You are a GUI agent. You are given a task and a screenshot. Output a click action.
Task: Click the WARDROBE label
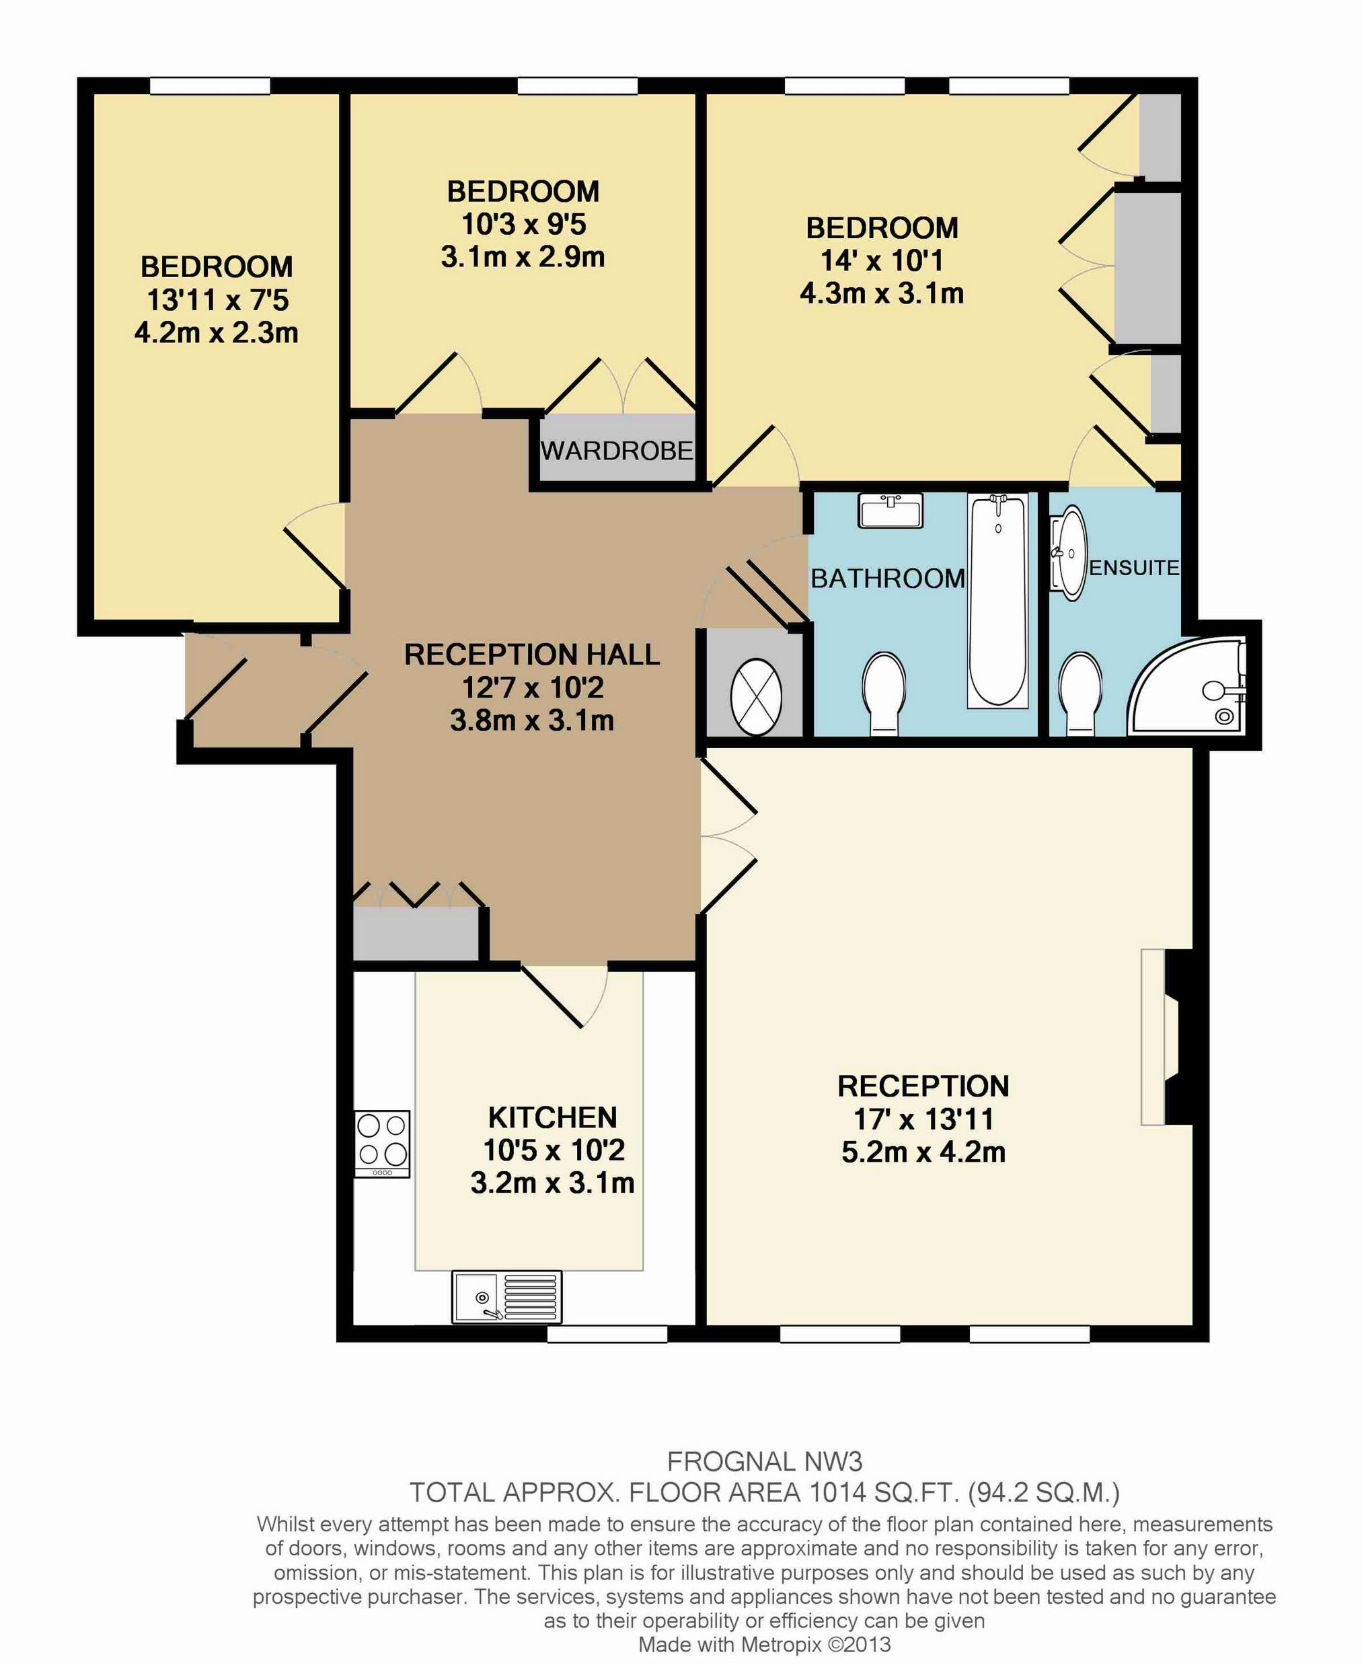click(617, 450)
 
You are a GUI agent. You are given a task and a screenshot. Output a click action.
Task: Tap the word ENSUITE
click(1135, 567)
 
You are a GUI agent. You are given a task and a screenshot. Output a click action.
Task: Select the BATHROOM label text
click(887, 579)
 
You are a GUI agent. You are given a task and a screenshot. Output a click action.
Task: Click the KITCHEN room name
click(552, 1117)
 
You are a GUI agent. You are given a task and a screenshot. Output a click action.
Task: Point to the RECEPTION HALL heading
click(532, 655)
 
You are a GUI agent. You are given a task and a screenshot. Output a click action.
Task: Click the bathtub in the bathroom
click(998, 601)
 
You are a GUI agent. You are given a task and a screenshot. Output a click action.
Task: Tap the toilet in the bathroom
click(884, 694)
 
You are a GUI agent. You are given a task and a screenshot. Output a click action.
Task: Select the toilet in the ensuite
click(1080, 694)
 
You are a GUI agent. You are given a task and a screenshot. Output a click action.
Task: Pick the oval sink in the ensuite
click(1069, 552)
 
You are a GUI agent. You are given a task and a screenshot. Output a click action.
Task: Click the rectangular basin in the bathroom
click(891, 511)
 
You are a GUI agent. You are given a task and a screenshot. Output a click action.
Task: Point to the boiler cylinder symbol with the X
click(755, 697)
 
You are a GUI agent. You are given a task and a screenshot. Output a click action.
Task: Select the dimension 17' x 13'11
click(923, 1119)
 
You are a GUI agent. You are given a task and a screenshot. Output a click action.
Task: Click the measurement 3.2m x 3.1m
click(552, 1183)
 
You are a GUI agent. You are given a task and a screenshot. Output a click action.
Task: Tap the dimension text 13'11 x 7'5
click(217, 300)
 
